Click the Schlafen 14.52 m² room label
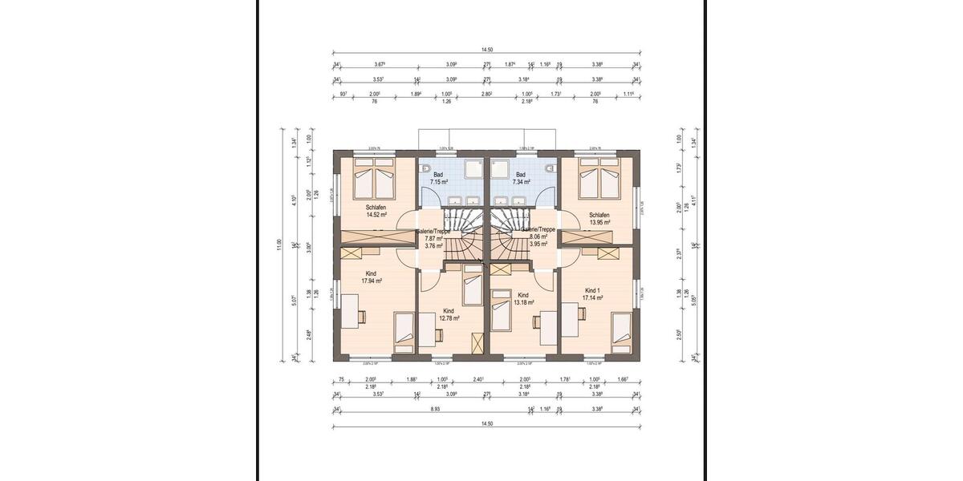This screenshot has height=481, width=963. pyautogui.click(x=376, y=211)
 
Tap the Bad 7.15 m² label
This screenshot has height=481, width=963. pyautogui.click(x=438, y=178)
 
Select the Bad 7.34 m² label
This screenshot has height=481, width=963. pyautogui.click(x=521, y=178)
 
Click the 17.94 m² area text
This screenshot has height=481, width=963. pyautogui.click(x=371, y=281)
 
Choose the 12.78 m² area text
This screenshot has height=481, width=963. pyautogui.click(x=449, y=318)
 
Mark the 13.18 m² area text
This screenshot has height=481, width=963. pyautogui.click(x=524, y=302)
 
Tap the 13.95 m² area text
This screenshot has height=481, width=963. pyautogui.click(x=599, y=220)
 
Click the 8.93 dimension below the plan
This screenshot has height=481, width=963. pyautogui.click(x=436, y=409)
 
